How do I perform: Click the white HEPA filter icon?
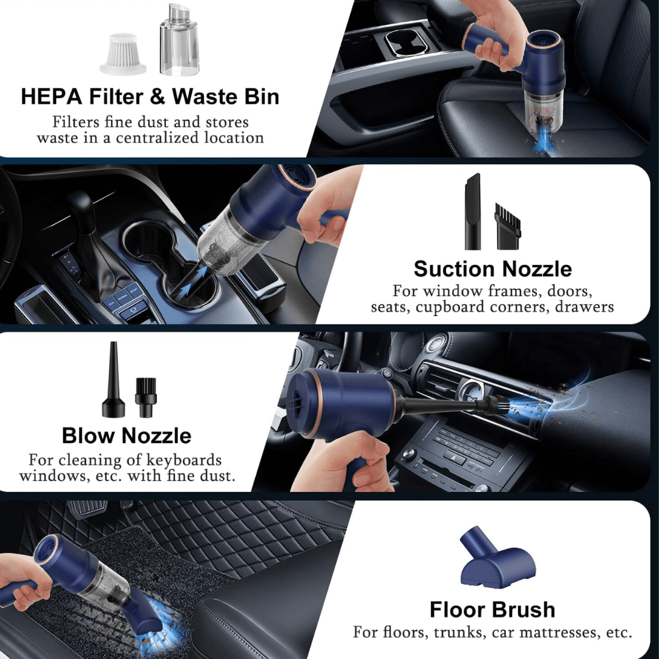[123, 54]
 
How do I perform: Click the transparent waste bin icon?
[178, 41]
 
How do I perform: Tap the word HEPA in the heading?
[52, 96]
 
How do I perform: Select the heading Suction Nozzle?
[492, 268]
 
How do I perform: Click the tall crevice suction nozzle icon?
[473, 212]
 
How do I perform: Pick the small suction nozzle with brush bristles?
[508, 226]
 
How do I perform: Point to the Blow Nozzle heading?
[126, 436]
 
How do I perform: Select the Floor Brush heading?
[492, 610]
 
